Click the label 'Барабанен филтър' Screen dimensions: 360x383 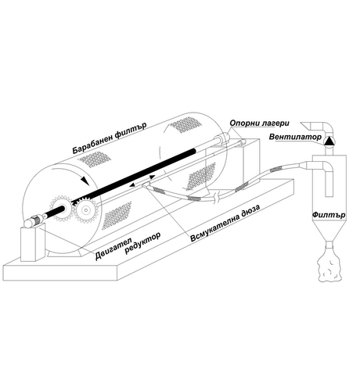tap(109, 138)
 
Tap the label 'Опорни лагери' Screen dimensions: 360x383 tap(259, 123)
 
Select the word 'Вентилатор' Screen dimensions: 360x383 tap(295, 137)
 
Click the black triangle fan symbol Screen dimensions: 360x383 tap(329, 141)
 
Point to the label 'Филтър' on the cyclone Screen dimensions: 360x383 tap(329, 215)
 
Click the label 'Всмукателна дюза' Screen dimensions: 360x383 tap(225, 224)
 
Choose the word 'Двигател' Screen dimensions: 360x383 tap(114, 248)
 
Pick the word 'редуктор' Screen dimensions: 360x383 tap(142, 243)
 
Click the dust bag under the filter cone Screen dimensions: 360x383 tap(329, 265)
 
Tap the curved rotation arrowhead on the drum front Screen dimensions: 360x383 tap(85, 181)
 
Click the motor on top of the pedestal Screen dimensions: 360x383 tap(34, 221)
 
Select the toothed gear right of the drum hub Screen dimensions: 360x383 tap(85, 210)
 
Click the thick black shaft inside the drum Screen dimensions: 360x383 tap(123, 180)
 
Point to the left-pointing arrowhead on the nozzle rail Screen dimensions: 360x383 tap(132, 185)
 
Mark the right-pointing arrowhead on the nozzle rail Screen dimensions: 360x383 tap(152, 177)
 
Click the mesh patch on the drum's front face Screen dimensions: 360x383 tap(117, 215)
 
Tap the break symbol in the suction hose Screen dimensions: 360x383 tap(216, 199)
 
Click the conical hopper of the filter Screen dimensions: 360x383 tap(329, 231)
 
